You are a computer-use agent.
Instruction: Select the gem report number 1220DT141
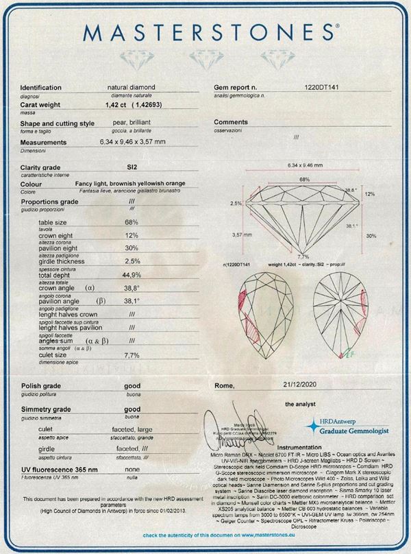(327, 88)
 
